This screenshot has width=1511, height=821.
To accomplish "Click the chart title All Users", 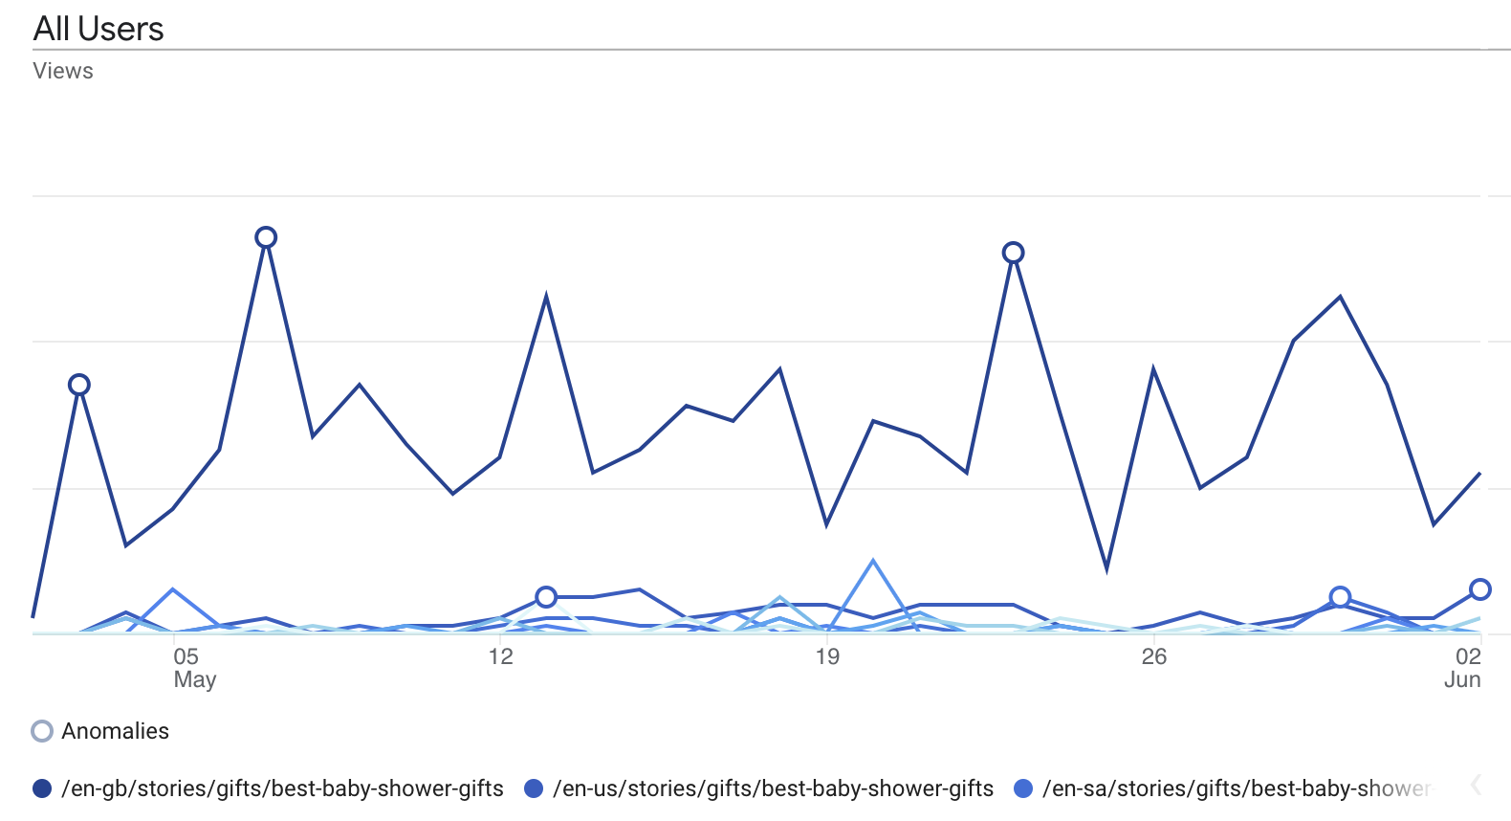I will [x=99, y=29].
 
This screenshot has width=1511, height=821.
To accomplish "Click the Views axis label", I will [x=63, y=71].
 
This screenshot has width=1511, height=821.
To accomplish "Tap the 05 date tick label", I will [x=186, y=656].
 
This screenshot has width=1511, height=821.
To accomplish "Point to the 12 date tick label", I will [x=500, y=656].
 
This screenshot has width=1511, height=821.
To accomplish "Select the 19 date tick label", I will [x=827, y=656].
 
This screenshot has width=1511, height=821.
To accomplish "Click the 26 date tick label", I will [x=1154, y=656].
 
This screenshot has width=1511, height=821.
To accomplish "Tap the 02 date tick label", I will [x=1468, y=656].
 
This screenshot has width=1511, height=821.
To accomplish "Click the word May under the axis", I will [x=195, y=679].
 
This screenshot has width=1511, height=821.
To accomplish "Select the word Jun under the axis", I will [x=1462, y=679].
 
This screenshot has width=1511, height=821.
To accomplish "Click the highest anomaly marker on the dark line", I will [x=266, y=237].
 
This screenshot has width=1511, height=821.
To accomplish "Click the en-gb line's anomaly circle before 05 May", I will [x=79, y=385].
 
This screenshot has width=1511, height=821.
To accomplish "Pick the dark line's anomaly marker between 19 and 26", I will [x=1013, y=253].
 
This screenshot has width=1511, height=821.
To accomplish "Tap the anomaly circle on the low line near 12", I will [x=546, y=597].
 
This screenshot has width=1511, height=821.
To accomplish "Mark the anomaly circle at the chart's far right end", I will [x=1480, y=589].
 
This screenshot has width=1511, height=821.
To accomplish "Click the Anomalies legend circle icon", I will [x=42, y=731].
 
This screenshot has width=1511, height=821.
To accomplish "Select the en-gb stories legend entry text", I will [x=282, y=788].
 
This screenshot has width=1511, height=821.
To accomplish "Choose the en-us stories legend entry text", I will [x=773, y=788].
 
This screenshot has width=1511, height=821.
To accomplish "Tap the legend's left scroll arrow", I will [x=1476, y=786].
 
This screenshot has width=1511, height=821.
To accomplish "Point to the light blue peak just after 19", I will [x=873, y=561].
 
